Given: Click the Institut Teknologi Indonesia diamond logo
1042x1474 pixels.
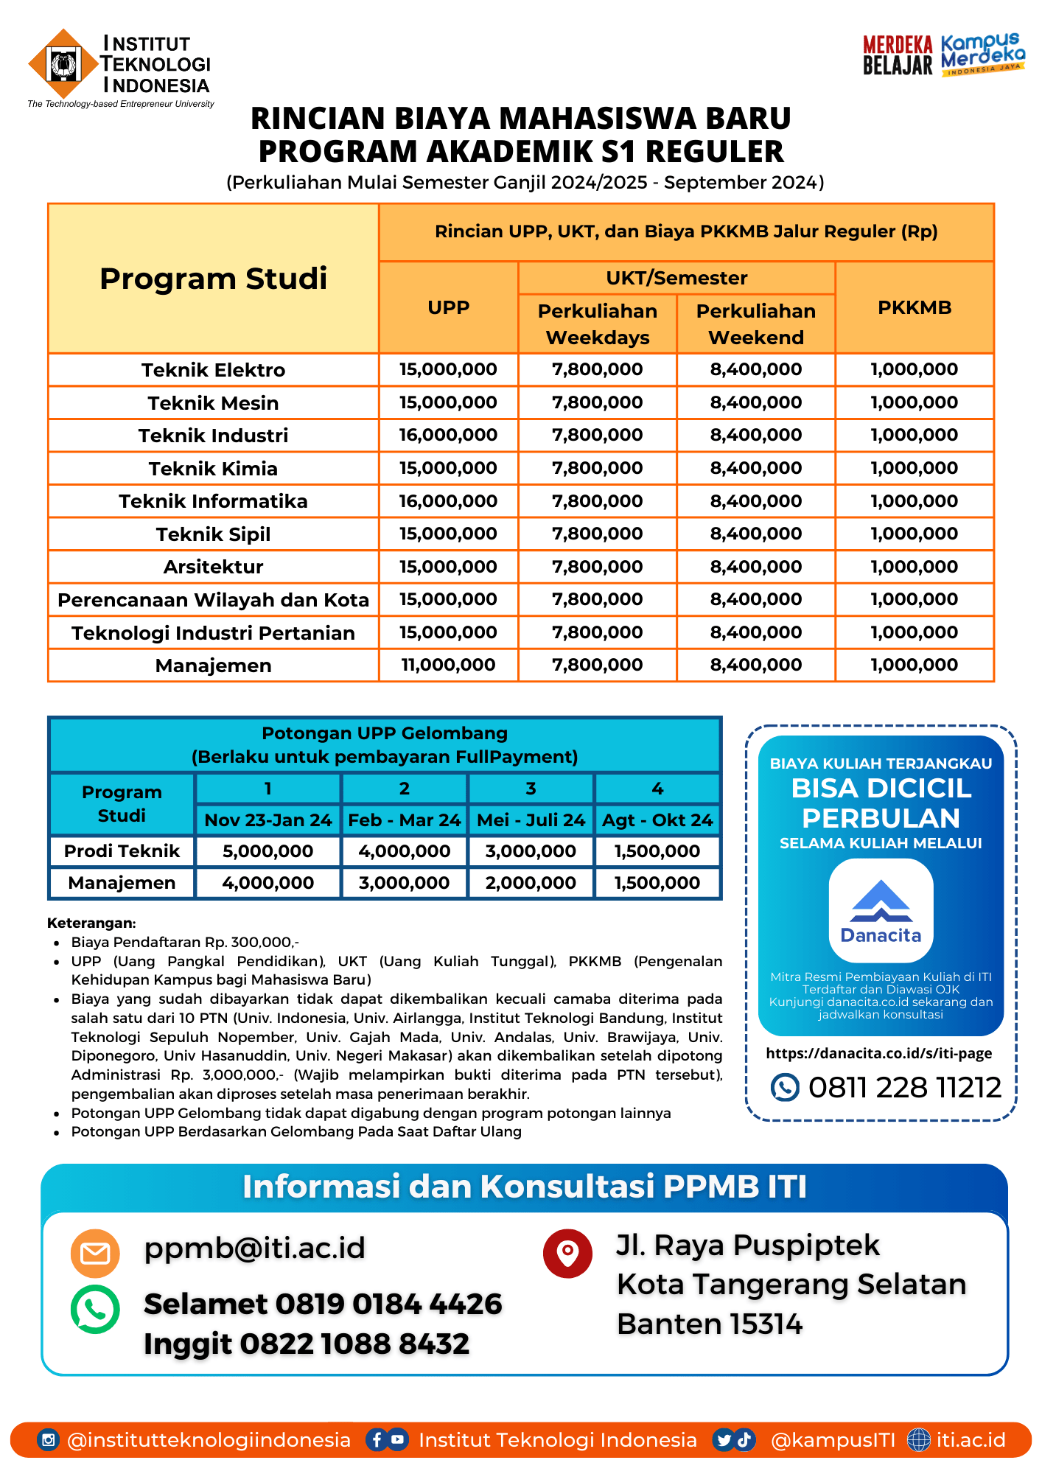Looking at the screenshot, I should pyautogui.click(x=63, y=64).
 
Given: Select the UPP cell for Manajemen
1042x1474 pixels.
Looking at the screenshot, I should pyautogui.click(x=448, y=666).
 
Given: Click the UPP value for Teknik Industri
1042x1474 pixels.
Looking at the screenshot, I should pyautogui.click(x=448, y=436).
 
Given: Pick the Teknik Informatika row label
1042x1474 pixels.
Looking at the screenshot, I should pyautogui.click(x=213, y=502).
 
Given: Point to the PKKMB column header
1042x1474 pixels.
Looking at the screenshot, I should pyautogui.click(x=915, y=308).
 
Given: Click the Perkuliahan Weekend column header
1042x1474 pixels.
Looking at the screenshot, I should pyautogui.click(x=755, y=324).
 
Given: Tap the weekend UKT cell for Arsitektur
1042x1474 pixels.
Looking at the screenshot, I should pyautogui.click(x=755, y=567).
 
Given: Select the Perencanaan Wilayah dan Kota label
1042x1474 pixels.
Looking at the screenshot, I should pyautogui.click(x=213, y=601).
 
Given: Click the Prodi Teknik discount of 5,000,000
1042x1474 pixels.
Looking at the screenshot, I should pyautogui.click(x=268, y=852).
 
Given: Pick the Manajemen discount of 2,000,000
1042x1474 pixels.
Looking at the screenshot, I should pyautogui.click(x=531, y=884).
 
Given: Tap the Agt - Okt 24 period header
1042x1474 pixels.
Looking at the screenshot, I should pyautogui.click(x=657, y=820).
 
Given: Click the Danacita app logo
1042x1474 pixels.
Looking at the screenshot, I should pyautogui.click(x=881, y=911).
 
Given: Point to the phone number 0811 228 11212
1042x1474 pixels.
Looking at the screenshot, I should pyautogui.click(x=904, y=1088).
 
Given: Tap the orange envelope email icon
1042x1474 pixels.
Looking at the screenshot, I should pyautogui.click(x=95, y=1253).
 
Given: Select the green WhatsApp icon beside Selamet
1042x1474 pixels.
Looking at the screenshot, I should pyautogui.click(x=95, y=1310).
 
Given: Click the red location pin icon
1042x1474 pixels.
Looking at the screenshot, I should pyautogui.click(x=567, y=1253).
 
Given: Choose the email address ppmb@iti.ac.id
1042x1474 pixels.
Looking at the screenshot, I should pyautogui.click(x=254, y=1248).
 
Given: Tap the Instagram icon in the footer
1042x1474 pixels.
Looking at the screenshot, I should pyautogui.click(x=48, y=1440).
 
